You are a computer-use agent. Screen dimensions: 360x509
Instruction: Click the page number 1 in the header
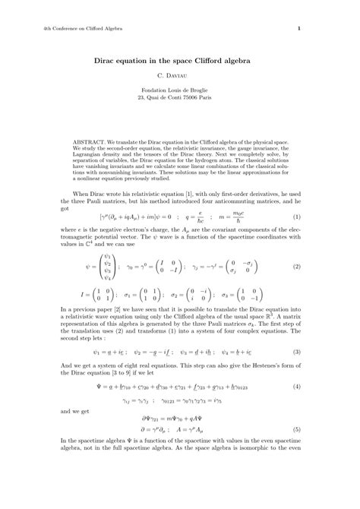click(298, 30)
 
